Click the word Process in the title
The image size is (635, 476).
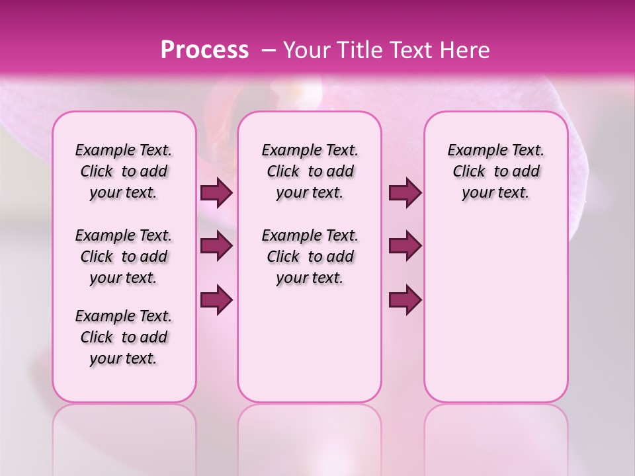[204, 50]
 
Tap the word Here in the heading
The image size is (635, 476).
[464, 50]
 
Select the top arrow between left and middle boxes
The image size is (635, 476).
[216, 193]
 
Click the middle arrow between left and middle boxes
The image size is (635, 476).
[216, 246]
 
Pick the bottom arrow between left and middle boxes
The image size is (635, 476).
[216, 299]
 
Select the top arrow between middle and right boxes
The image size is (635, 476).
[405, 193]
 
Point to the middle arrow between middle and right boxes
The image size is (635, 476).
[405, 246]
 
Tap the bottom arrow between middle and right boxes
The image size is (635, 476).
[405, 299]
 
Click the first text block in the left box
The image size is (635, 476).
[124, 171]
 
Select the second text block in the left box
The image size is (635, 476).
[124, 257]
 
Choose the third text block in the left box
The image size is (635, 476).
[124, 337]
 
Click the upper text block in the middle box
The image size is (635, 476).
[310, 171]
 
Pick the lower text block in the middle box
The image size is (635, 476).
[310, 257]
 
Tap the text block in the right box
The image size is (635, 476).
[495, 171]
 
